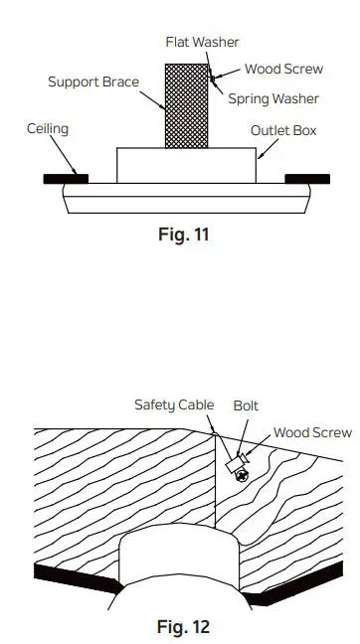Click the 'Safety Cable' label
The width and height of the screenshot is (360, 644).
click(174, 404)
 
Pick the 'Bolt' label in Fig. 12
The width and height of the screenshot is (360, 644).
click(246, 404)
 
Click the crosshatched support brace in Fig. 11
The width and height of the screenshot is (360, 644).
click(186, 105)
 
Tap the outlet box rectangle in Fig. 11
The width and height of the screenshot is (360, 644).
click(186, 166)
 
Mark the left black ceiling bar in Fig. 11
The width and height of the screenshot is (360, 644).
click(66, 180)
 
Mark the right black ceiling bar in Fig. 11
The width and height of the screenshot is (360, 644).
click(307, 180)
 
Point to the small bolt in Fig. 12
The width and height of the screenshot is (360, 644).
click(235, 464)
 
